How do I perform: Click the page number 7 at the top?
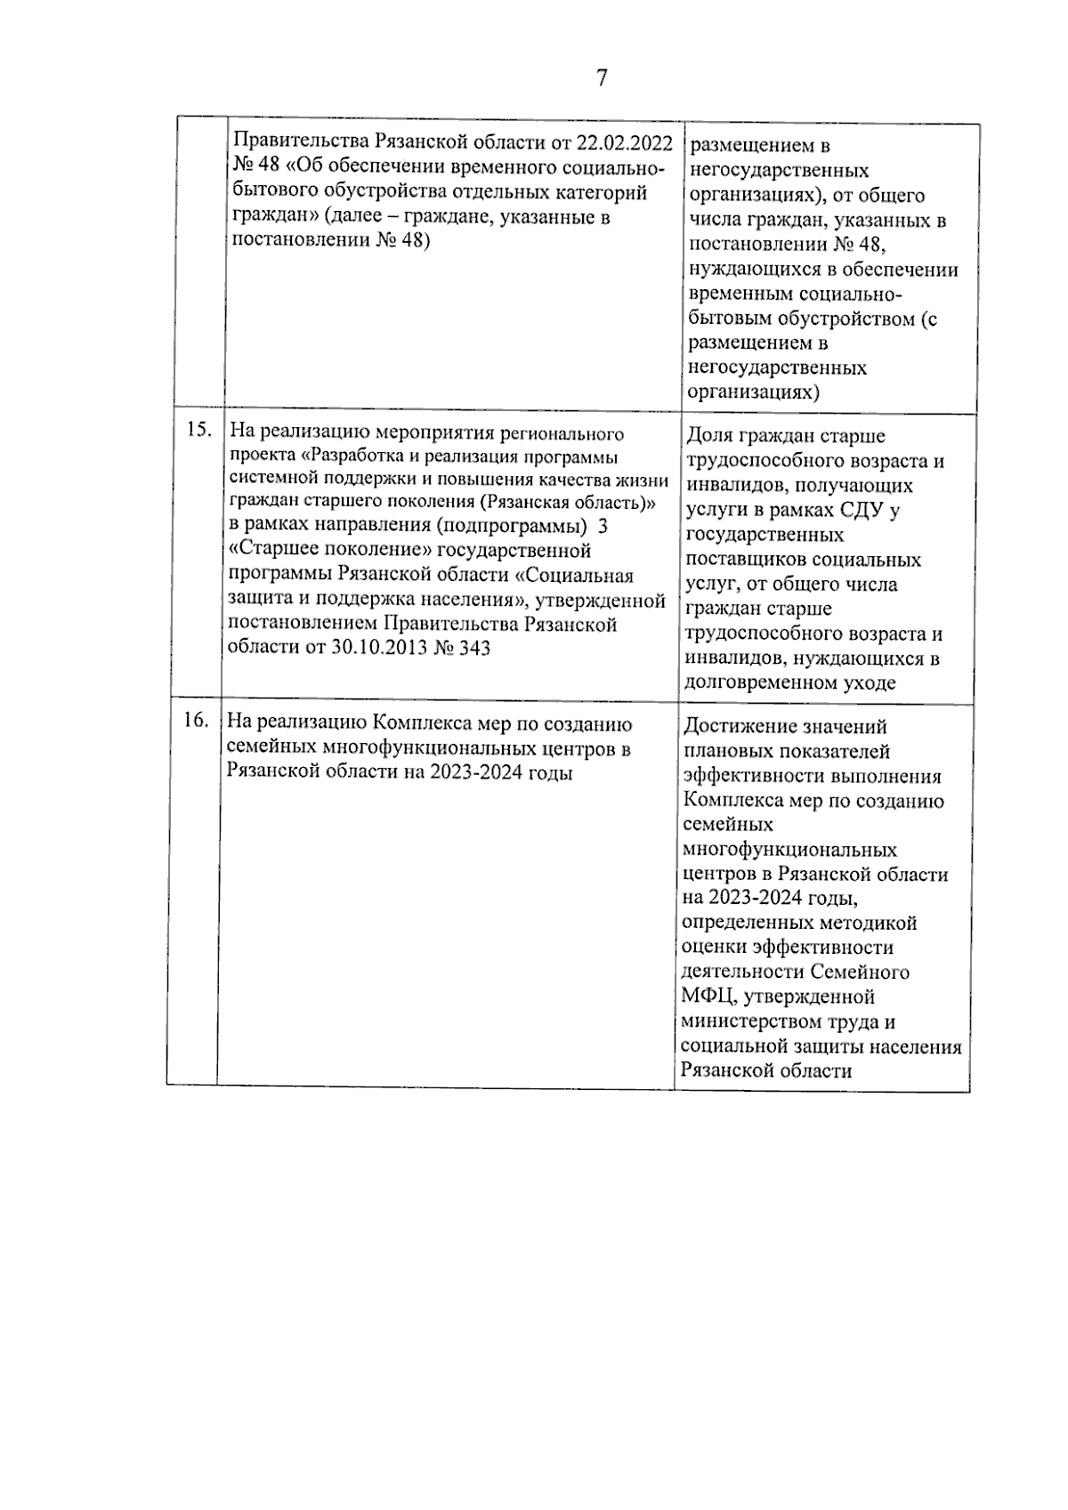point(602,78)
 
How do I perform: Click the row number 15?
point(198,430)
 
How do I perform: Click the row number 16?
point(195,720)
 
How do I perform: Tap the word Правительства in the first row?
point(300,142)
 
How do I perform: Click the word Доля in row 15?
point(710,437)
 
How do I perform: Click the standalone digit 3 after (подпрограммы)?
point(603,526)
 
